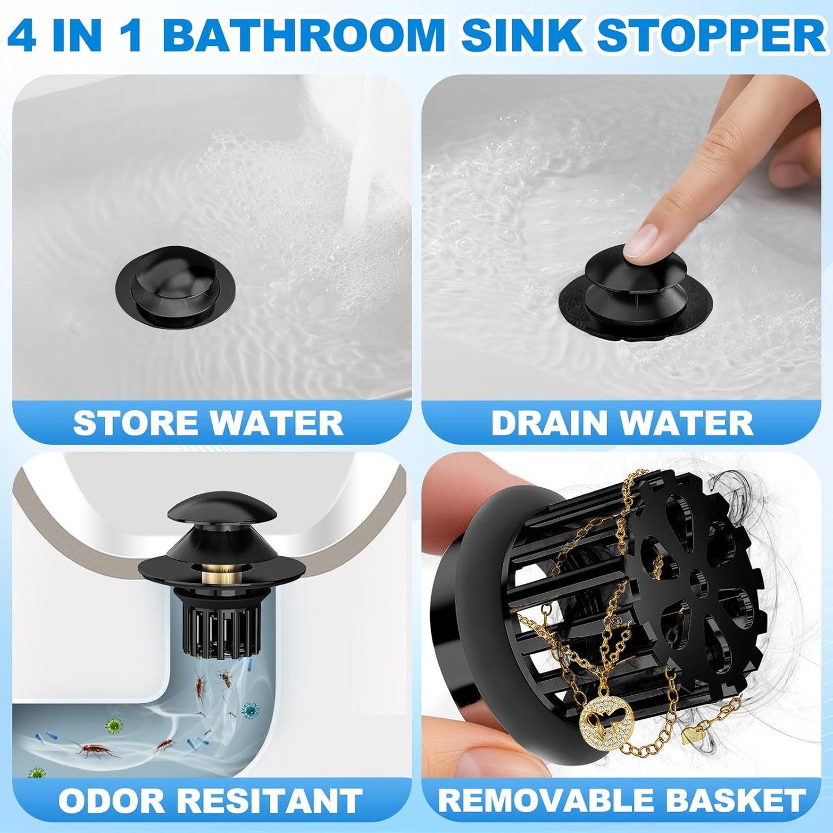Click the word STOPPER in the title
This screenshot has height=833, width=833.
coord(711,36)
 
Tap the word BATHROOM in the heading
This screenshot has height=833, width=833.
coord(303,36)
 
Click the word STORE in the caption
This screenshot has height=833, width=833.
coord(137,423)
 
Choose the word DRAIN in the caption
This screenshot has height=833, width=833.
coord(552,423)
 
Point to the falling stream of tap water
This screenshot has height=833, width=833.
coord(361,161)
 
